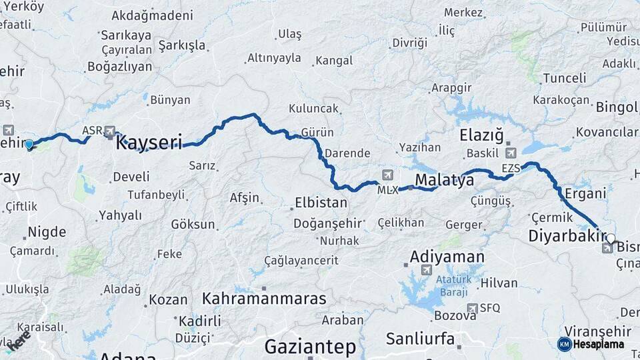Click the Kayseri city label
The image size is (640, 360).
point(149,142)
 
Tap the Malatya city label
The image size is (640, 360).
point(444,179)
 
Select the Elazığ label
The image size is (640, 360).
point(481,135)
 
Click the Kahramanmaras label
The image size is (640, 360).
point(265,297)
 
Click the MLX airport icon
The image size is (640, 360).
point(387,175)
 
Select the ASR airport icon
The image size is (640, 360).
point(110,131)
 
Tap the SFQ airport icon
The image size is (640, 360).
point(473,308)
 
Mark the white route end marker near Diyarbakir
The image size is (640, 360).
point(610,238)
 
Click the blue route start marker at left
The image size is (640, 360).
point(29,144)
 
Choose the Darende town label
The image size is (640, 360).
point(347,153)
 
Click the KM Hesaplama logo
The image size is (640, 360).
point(591,344)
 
